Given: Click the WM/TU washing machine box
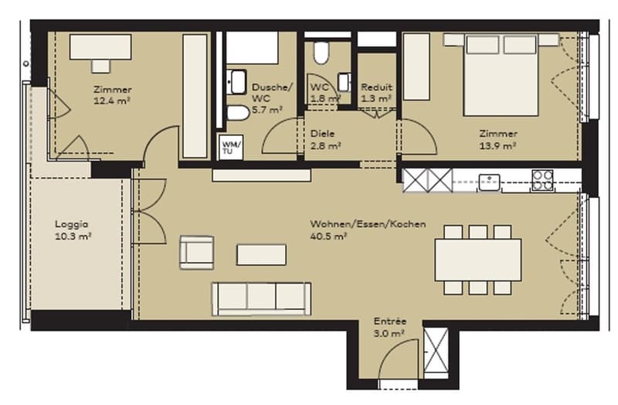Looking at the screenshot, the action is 231,147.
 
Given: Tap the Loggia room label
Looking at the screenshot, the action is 72,224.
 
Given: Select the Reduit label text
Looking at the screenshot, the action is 376,87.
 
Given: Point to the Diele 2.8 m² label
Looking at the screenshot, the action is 325,140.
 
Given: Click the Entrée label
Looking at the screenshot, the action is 390,322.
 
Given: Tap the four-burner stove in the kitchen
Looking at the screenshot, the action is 542,180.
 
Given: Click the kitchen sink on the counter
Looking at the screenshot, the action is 489,182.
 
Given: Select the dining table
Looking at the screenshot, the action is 478,260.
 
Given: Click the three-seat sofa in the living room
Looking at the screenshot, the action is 261,299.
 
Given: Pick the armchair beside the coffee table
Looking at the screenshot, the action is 197,253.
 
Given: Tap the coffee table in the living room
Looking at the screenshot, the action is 261,255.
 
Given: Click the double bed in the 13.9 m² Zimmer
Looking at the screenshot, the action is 501,74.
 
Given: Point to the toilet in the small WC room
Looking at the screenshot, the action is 321,53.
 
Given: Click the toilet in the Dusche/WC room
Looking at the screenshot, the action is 238,113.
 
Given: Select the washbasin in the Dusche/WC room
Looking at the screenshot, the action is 238,82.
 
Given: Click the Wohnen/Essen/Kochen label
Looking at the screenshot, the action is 368,224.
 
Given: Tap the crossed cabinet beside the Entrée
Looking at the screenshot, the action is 436,350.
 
